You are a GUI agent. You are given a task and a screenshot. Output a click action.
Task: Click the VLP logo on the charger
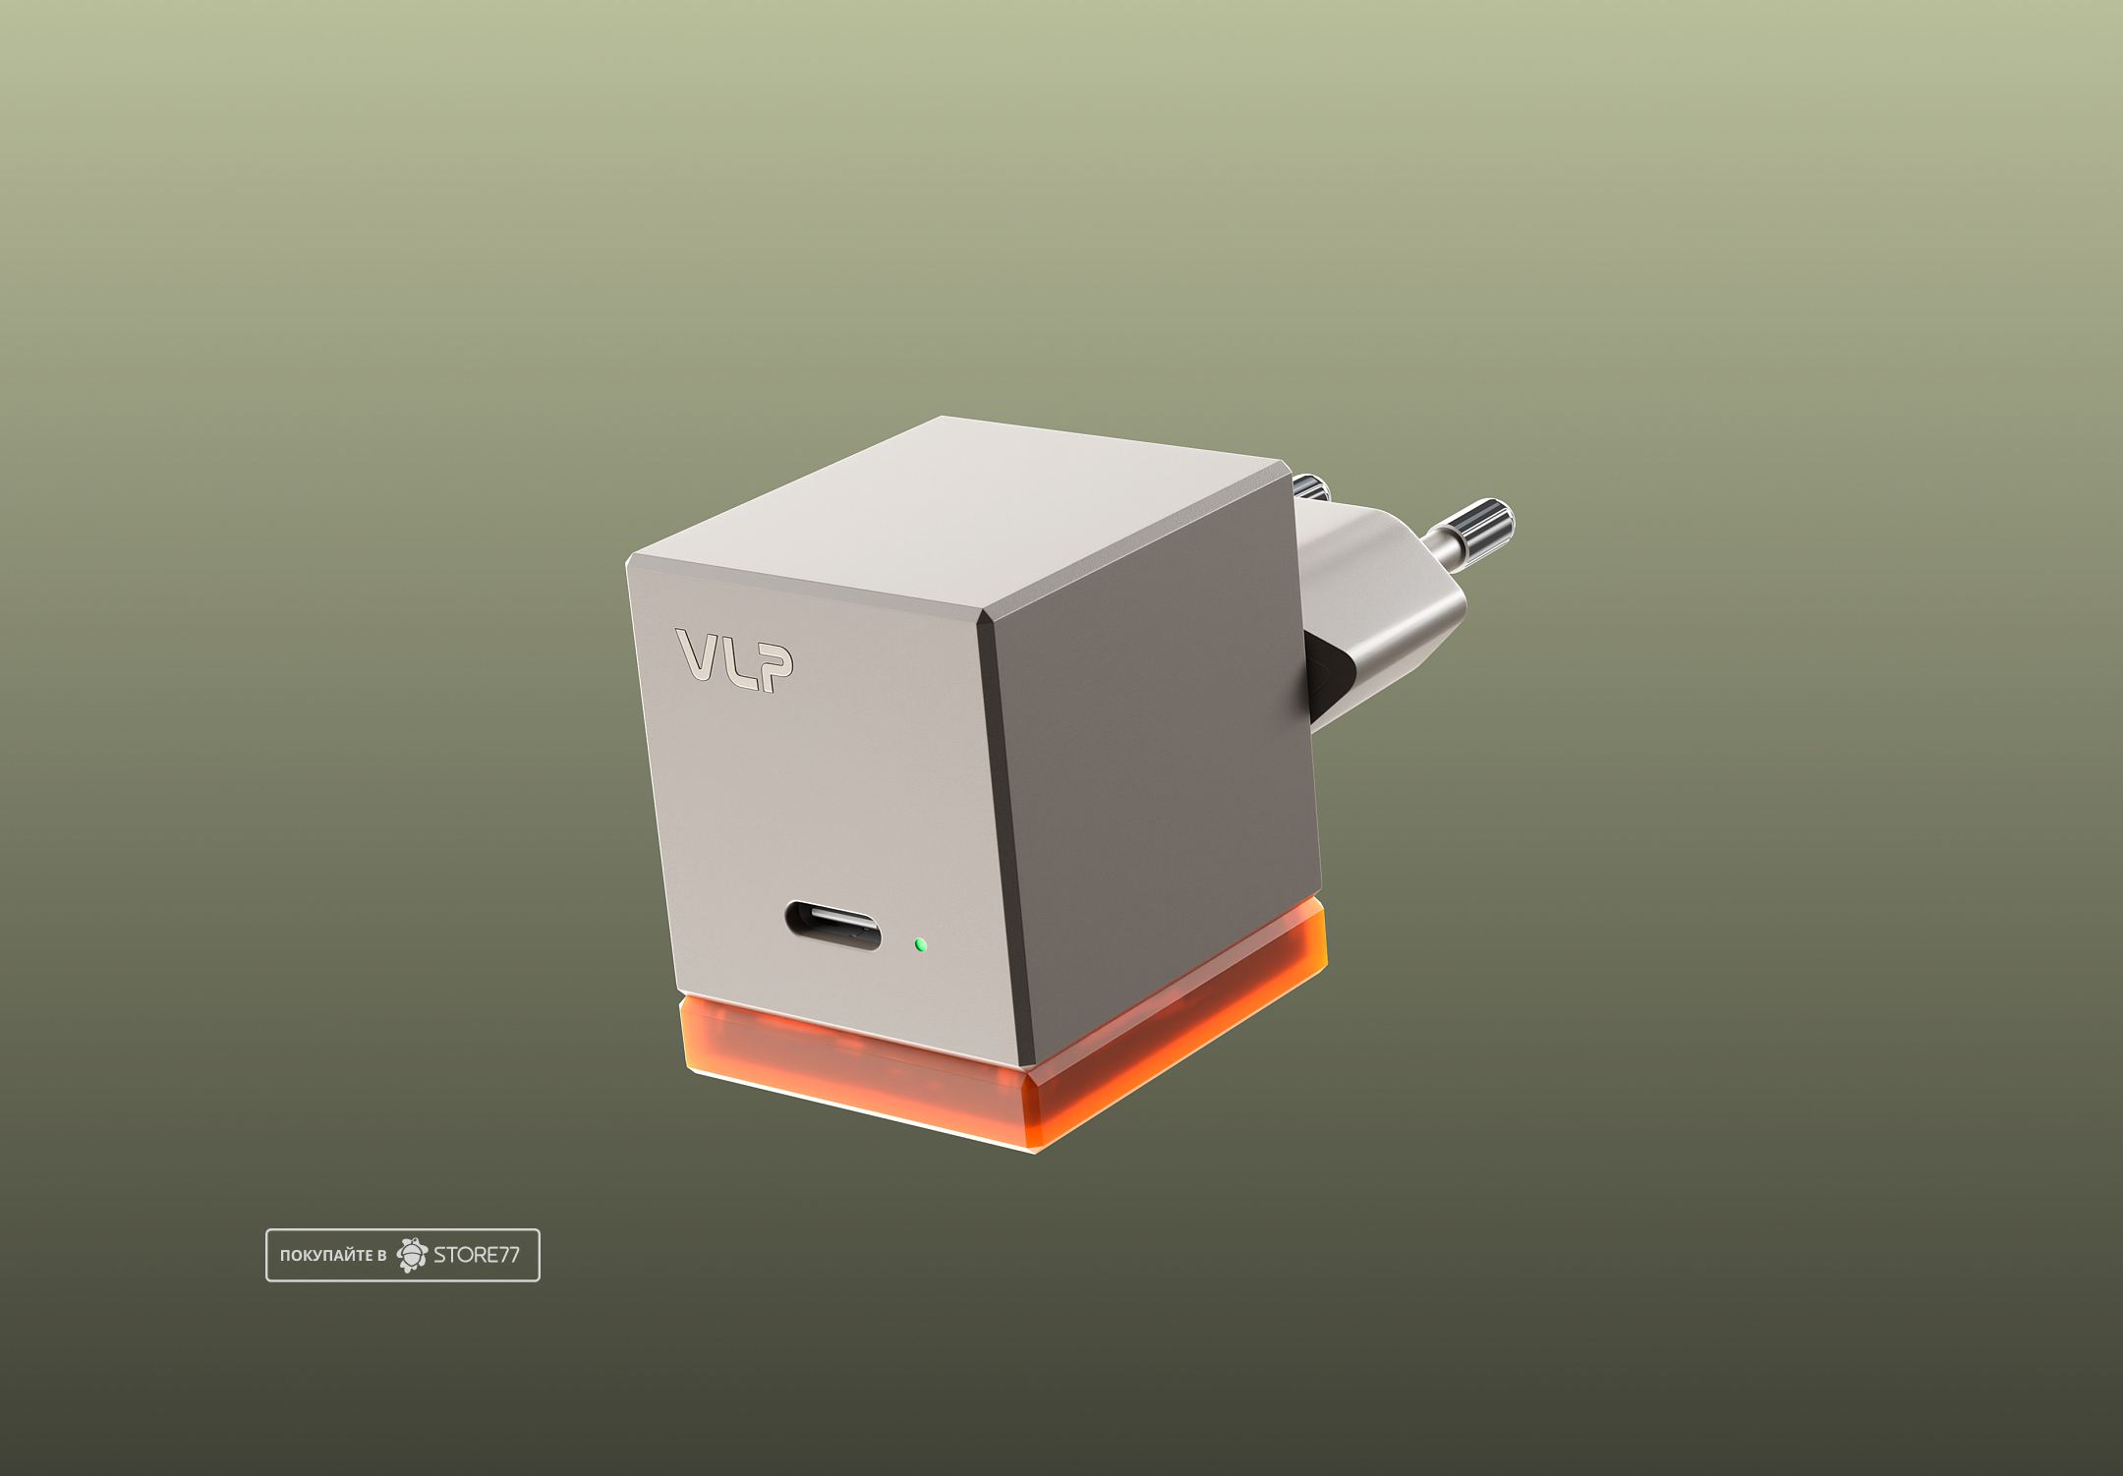click(x=735, y=659)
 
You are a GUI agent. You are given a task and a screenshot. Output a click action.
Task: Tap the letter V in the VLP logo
click(x=699, y=653)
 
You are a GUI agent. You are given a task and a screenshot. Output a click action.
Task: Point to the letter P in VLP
click(x=775, y=669)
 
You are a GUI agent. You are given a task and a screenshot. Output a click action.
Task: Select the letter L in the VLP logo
click(x=741, y=662)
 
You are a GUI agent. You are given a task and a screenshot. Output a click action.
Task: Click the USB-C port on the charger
click(x=832, y=927)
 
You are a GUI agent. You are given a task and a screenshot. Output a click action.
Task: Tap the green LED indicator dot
click(x=920, y=944)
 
